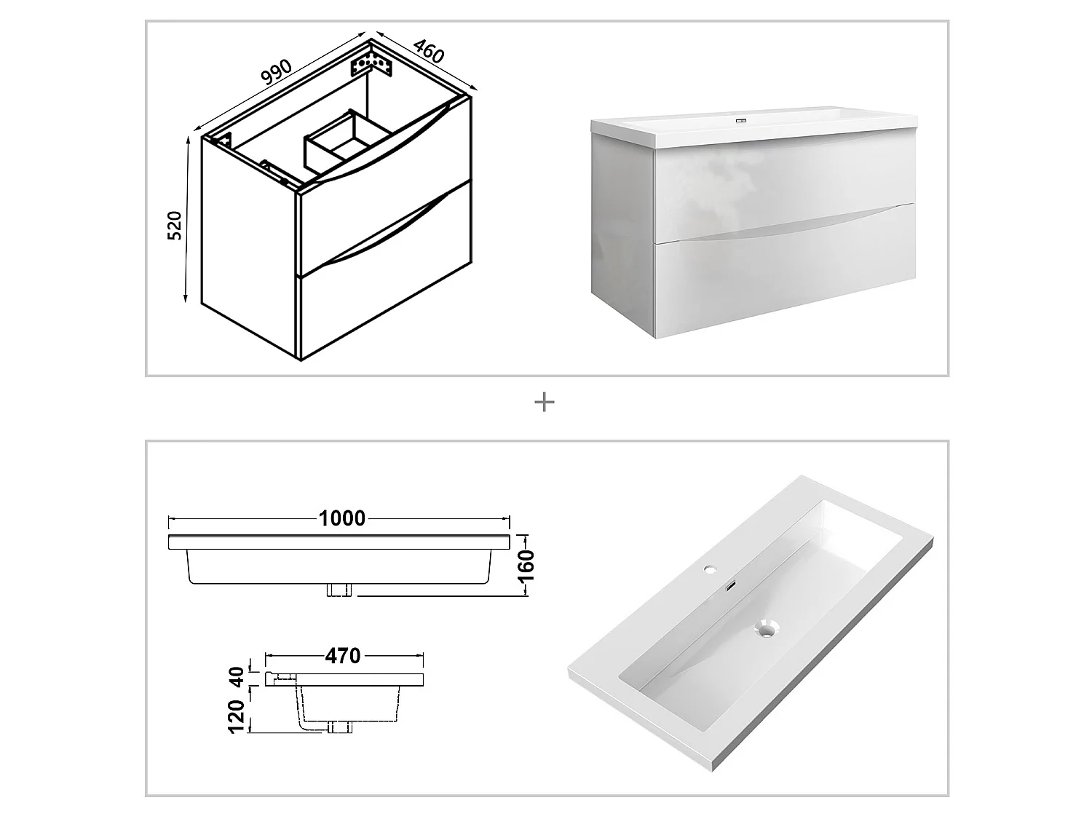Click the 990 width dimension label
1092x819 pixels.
point(277,71)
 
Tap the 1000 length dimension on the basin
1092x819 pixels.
point(342,518)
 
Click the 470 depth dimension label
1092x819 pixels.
point(342,656)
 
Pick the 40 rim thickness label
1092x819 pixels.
point(237,677)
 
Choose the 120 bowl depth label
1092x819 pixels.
point(237,716)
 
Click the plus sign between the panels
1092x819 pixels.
point(545,402)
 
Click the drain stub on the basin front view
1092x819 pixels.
point(339,590)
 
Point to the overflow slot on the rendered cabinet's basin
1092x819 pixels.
point(742,120)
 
